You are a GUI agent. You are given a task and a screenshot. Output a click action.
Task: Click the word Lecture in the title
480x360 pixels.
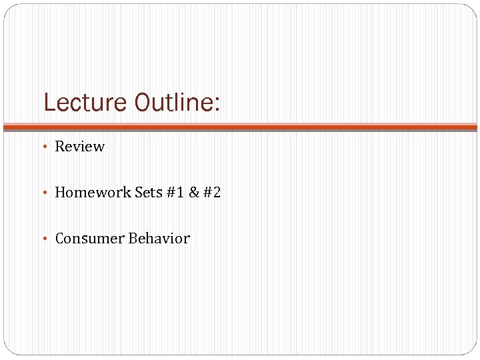coord(85,103)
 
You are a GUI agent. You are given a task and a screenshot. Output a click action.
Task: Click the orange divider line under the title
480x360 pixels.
coord(240,125)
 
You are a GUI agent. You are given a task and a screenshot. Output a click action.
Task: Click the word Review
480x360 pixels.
coord(79,146)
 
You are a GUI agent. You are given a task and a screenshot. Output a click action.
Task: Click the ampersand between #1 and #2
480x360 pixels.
coord(194,192)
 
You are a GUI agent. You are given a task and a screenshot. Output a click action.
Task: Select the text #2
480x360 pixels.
coord(212,192)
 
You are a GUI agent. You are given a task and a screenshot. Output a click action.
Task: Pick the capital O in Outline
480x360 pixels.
coord(142,103)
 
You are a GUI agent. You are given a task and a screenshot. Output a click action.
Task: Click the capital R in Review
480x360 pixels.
coord(59,146)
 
